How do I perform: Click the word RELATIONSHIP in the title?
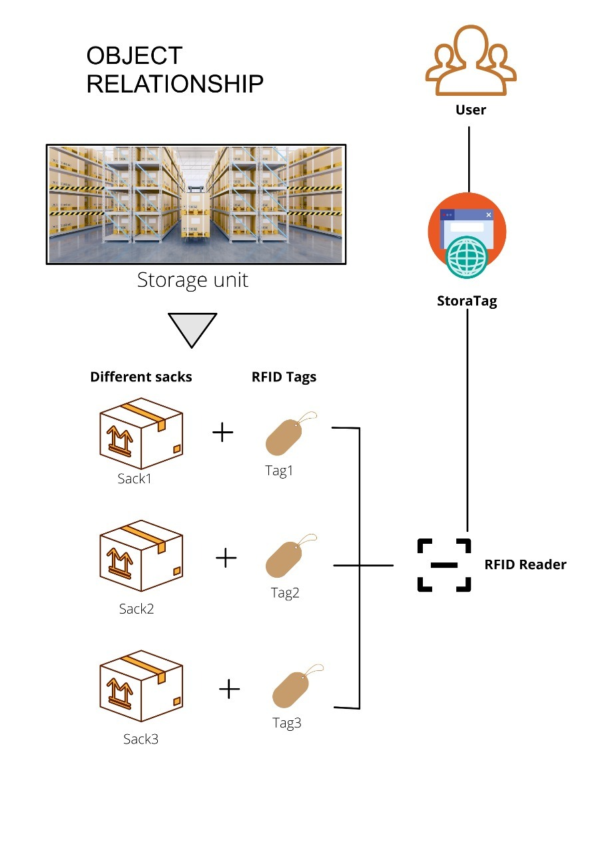point(174,84)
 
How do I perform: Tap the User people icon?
point(470,61)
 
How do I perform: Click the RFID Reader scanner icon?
point(444,565)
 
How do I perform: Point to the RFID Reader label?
point(525,564)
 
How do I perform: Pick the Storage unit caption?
point(192,280)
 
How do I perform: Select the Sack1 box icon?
point(141,433)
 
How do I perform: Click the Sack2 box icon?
point(141,556)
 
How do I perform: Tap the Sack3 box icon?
point(141,686)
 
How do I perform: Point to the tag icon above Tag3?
point(298,686)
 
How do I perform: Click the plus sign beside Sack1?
point(222,433)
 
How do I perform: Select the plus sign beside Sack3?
point(230,689)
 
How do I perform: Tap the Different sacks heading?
point(141,377)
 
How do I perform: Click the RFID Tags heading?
point(284,377)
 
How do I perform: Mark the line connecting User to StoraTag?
point(469,159)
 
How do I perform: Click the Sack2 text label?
point(137,609)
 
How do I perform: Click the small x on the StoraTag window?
point(489,215)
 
